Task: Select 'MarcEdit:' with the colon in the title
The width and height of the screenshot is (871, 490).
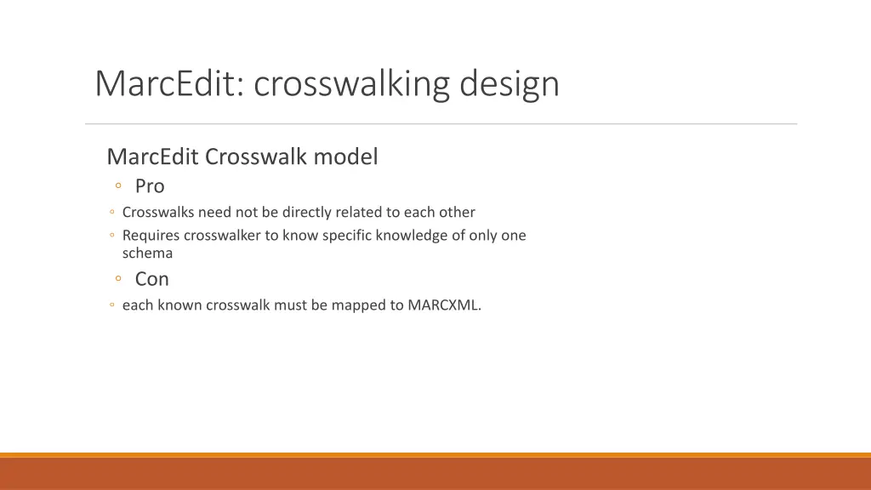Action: pos(169,84)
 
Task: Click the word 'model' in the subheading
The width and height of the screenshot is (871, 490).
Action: pos(345,157)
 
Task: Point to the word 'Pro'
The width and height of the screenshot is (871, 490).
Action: pos(150,186)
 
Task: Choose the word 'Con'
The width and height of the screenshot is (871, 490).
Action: pos(152,279)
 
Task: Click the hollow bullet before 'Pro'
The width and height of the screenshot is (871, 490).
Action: pos(119,186)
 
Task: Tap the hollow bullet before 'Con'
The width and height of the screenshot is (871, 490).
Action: pos(119,279)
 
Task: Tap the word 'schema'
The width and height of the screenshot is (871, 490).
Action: pos(147,253)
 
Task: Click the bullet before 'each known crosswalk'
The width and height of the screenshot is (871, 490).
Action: pos(112,305)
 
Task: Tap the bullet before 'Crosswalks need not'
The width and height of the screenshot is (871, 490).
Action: pos(112,212)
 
